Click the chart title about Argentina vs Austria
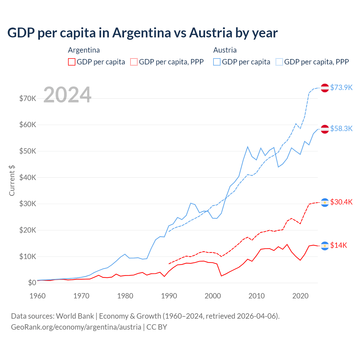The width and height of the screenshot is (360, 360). pyautogui.click(x=142, y=33)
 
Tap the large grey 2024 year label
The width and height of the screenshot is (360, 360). pyautogui.click(x=67, y=95)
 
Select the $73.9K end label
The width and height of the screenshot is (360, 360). pyautogui.click(x=341, y=87)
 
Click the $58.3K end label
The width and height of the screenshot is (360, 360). pyautogui.click(x=341, y=129)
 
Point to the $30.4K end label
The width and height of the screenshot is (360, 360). pyautogui.click(x=341, y=202)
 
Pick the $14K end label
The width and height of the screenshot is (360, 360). pyautogui.click(x=339, y=245)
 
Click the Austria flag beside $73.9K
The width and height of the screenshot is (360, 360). pyautogui.click(x=325, y=88)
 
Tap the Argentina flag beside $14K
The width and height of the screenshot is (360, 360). pyautogui.click(x=325, y=246)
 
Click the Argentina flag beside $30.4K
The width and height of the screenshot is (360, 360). pyautogui.click(x=325, y=202)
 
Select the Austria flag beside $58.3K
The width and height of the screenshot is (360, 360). pyautogui.click(x=325, y=129)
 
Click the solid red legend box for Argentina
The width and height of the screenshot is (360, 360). pyautogui.click(x=72, y=62)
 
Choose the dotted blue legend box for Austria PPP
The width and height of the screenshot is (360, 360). pyautogui.click(x=279, y=62)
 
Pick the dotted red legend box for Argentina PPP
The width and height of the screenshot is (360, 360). pyautogui.click(x=134, y=62)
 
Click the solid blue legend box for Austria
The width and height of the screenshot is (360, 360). pyautogui.click(x=217, y=62)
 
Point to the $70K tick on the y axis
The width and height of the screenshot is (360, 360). pyautogui.click(x=28, y=98)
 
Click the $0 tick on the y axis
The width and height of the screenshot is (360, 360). pyautogui.click(x=32, y=283)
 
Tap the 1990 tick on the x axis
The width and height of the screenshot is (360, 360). pyautogui.click(x=169, y=296)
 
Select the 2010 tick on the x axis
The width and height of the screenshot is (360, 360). pyautogui.click(x=257, y=296)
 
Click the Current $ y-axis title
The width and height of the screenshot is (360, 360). pyautogui.click(x=12, y=181)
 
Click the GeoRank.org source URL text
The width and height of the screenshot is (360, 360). pyautogui.click(x=76, y=327)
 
